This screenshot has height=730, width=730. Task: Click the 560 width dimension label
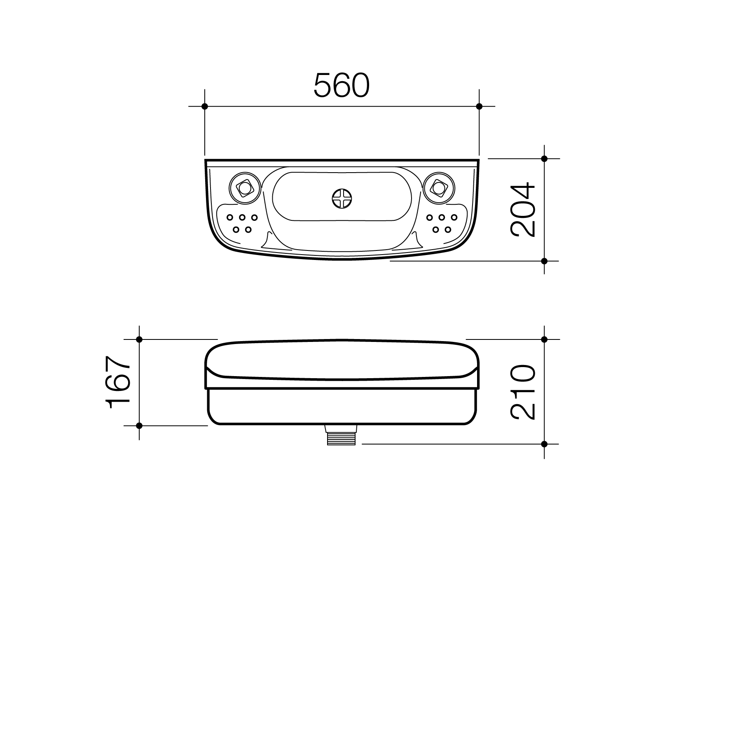click(x=342, y=86)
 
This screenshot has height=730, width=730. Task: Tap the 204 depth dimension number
click(x=523, y=210)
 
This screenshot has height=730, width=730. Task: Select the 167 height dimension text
click(x=118, y=382)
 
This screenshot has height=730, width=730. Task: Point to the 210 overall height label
click(x=523, y=392)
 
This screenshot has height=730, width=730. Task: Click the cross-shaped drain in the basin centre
click(x=342, y=199)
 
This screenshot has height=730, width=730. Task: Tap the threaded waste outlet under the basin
click(x=341, y=435)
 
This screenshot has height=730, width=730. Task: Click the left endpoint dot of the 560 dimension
click(x=205, y=106)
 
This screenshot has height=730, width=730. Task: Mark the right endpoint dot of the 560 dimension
click(x=479, y=106)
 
